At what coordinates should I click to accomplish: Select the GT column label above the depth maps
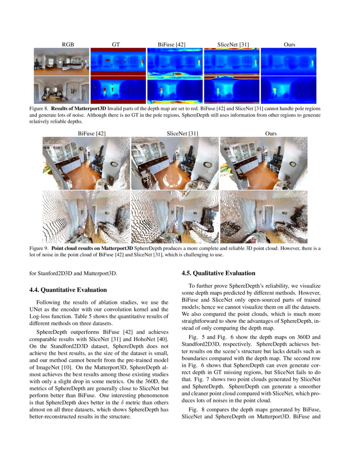coord(116,44)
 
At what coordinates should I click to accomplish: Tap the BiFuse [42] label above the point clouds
coord(92,133)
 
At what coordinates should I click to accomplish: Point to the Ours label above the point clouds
coord(271,133)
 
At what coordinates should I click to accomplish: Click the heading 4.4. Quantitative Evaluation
coord(68,290)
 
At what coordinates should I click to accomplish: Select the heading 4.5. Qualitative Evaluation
coord(218,273)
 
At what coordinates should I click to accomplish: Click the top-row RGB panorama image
coord(61,61)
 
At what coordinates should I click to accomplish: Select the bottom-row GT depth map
coord(118,90)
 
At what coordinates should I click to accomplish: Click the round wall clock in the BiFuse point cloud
coord(115,164)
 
